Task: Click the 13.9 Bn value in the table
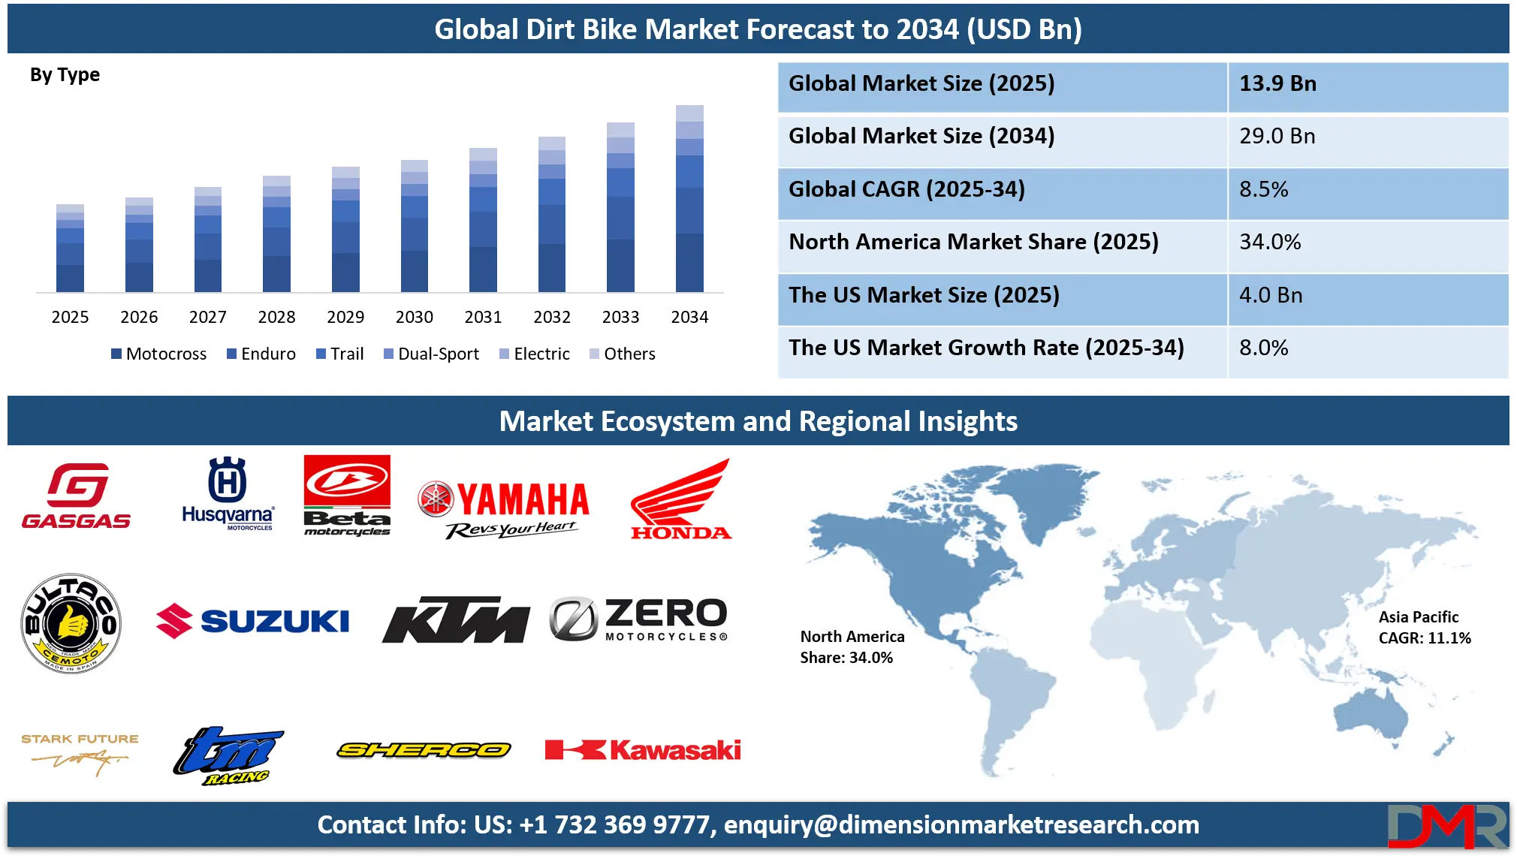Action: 1277,83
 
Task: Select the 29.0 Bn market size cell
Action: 1277,136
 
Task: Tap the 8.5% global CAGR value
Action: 1263,189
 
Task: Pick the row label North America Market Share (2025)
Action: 973,242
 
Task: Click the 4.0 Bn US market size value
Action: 1271,295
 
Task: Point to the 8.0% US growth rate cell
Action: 1263,348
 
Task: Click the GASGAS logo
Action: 77,496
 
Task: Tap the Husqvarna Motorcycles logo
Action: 228,493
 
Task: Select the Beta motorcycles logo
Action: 347,495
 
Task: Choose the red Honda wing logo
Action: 680,500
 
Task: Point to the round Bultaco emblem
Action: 71,623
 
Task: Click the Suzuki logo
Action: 253,621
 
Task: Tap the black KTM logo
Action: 456,620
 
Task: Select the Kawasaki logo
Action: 644,749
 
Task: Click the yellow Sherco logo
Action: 424,749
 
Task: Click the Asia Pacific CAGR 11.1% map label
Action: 1424,628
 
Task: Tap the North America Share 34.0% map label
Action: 852,647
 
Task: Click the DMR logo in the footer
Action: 1446,826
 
